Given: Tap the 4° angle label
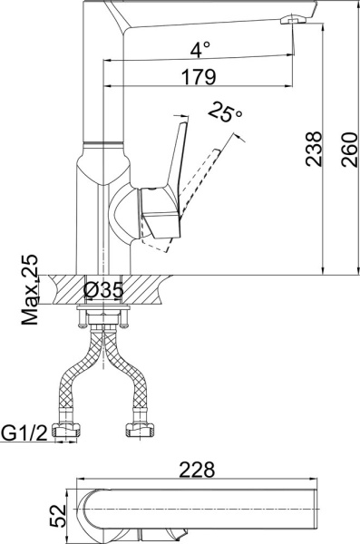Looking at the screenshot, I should [x=200, y=47].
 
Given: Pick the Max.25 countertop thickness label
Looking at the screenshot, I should [x=31, y=289].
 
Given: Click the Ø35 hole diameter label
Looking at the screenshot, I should [x=103, y=291].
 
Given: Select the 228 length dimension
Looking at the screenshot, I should [x=198, y=470].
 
